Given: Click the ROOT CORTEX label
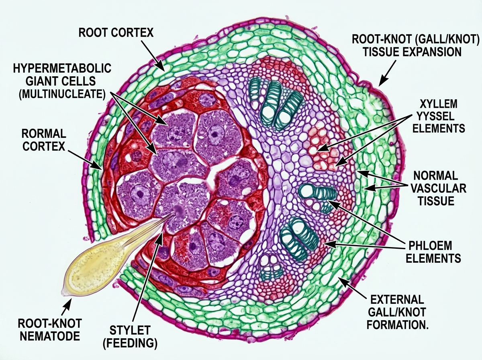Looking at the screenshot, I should (116, 32).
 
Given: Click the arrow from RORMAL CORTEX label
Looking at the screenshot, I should (85, 159).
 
